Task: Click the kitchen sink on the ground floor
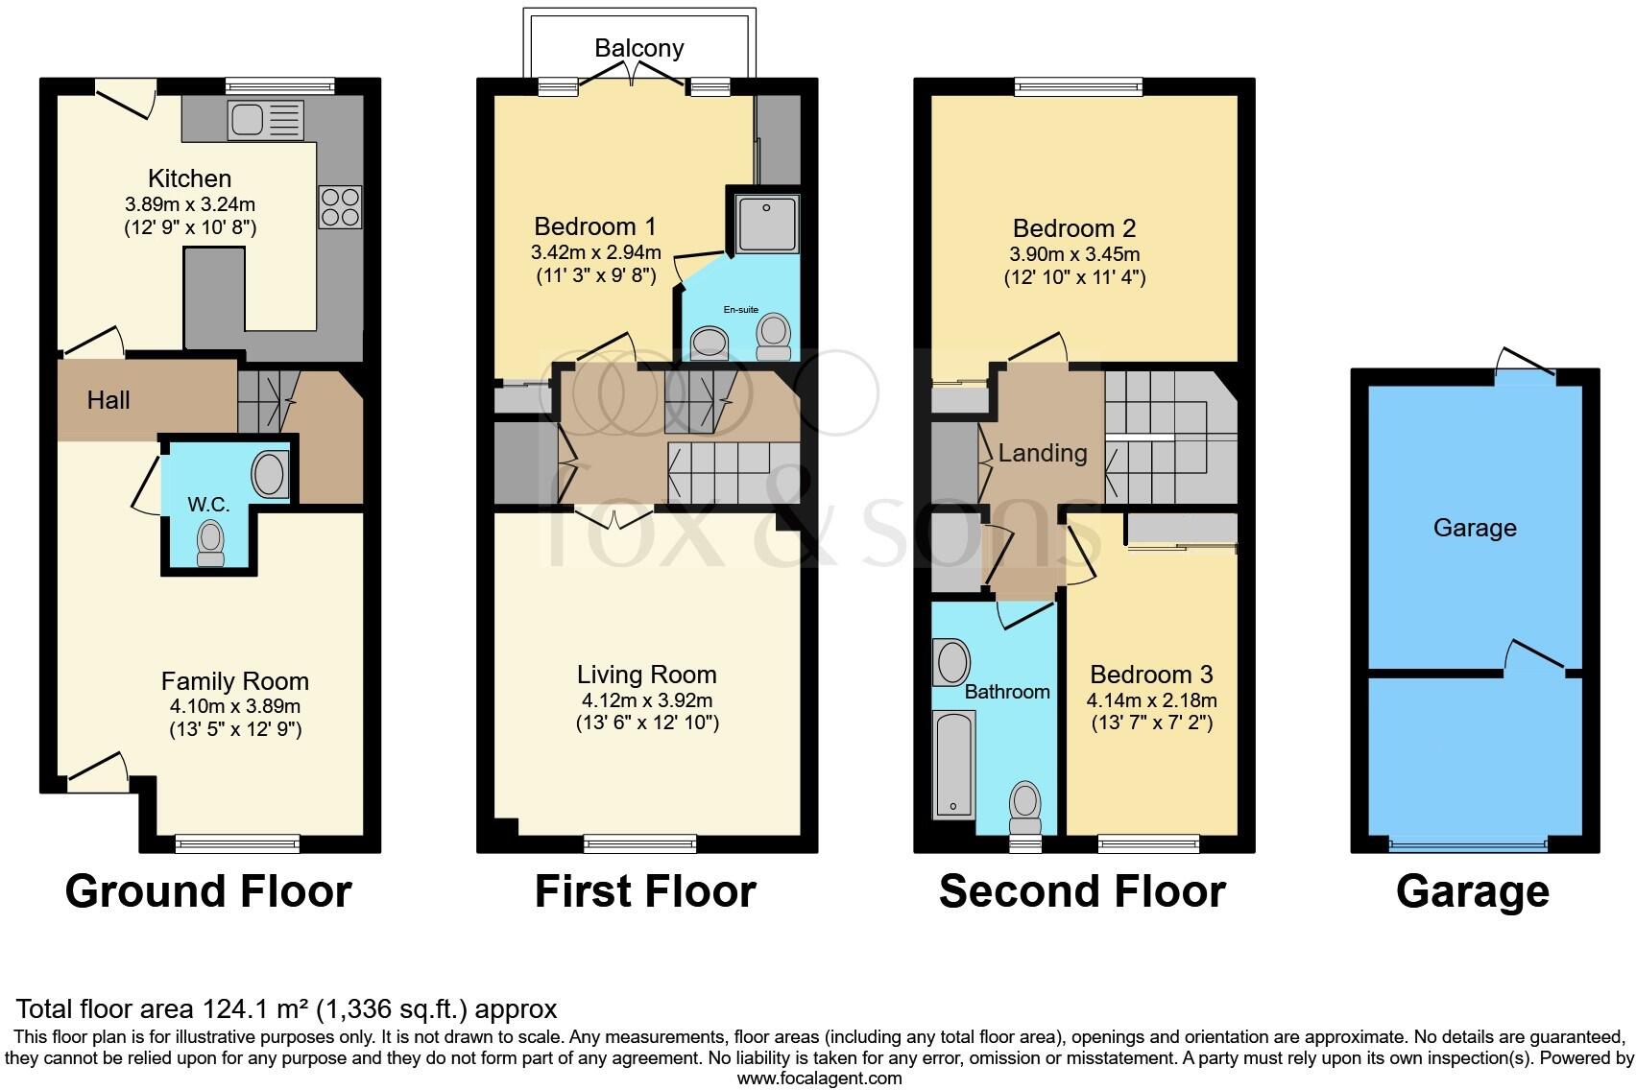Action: (x=266, y=121)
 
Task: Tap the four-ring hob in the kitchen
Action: (x=340, y=206)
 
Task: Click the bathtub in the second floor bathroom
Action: (x=953, y=764)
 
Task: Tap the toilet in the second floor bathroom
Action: (x=1025, y=807)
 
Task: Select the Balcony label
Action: (x=638, y=48)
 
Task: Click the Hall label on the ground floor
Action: (x=108, y=400)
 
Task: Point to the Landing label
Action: (x=1043, y=453)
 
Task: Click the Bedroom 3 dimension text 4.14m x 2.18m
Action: (x=1151, y=700)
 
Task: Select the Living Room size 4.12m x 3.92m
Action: (x=646, y=700)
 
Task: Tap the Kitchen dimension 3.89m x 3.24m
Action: (x=190, y=204)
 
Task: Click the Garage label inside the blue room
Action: (x=1474, y=528)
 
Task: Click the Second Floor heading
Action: (x=1082, y=891)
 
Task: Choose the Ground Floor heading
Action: (x=208, y=891)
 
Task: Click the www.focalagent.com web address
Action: (x=819, y=1078)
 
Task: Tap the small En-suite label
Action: (x=740, y=310)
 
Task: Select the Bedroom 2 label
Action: (x=1073, y=228)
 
